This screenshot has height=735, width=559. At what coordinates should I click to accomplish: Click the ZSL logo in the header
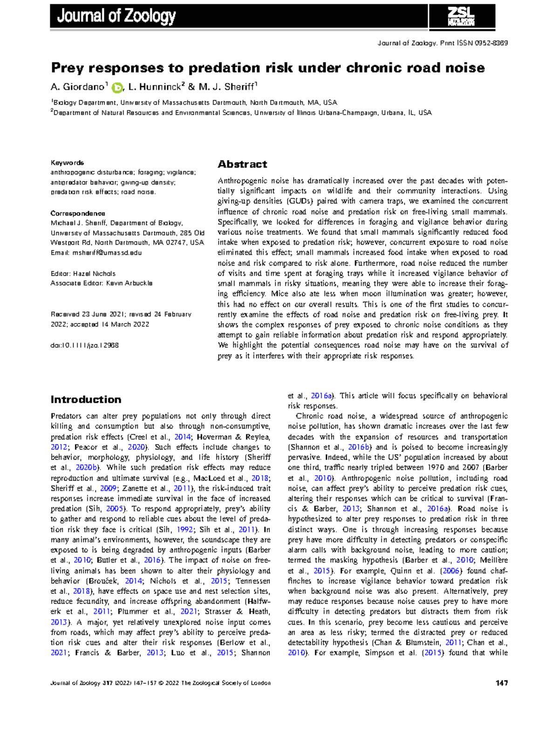coord(461,17)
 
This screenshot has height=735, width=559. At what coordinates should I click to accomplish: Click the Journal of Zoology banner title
coord(116,16)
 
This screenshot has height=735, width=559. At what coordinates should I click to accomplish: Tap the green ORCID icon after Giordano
coord(117,88)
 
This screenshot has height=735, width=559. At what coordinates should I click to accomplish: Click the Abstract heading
coord(242,164)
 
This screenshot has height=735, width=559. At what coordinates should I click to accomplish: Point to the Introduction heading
coord(86,399)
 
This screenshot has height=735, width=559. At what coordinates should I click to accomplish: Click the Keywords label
coord(67,163)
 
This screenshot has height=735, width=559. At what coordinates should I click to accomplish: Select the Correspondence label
coord(78,213)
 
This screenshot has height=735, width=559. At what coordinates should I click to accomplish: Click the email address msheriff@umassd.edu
coord(107,253)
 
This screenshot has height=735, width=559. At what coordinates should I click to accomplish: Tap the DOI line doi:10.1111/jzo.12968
coord(84,345)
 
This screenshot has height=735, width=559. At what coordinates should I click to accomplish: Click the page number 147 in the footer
coord(501,683)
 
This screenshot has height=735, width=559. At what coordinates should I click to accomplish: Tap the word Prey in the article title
coord(67,68)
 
